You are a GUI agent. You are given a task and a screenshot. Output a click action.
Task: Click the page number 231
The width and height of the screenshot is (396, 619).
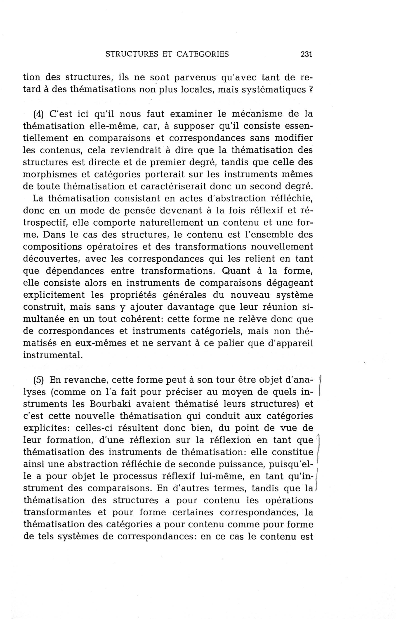click(x=306, y=54)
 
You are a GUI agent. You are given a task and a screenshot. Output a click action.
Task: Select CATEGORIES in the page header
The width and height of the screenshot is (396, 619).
click(x=203, y=54)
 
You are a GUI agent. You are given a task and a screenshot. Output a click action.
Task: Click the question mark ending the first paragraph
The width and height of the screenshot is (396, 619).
click(x=311, y=90)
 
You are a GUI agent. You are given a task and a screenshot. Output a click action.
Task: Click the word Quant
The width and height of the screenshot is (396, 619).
click(x=236, y=271)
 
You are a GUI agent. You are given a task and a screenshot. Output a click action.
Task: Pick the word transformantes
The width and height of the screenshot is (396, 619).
click(x=57, y=513)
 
